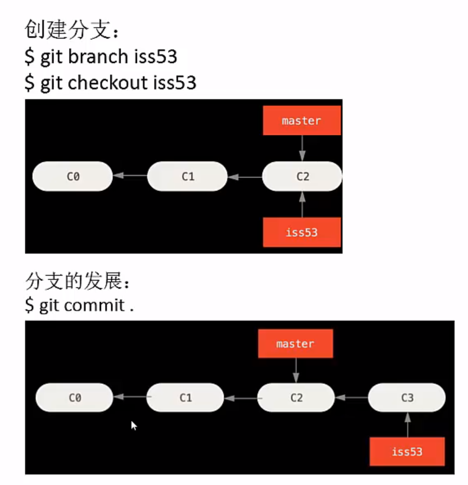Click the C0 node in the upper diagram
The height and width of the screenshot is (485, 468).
pos(73,176)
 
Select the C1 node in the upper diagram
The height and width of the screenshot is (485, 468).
pos(187,176)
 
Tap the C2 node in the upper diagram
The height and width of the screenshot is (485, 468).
pos(302,176)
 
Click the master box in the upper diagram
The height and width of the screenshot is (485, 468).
pos(302,120)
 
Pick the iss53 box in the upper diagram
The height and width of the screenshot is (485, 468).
pos(302,232)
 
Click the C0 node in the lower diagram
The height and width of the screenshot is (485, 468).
pos(75,397)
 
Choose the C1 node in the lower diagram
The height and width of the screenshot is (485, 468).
pos(185,397)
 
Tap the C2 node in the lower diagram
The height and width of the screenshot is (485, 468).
pos(296,397)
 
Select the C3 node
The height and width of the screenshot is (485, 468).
pos(407,397)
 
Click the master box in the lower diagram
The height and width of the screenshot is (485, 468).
pos(295,344)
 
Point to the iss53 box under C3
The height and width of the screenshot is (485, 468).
pos(407,451)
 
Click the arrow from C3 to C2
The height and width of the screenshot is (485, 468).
pos(351,398)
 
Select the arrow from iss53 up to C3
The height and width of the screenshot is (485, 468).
pos(407,425)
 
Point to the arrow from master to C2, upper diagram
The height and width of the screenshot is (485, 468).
pos(302,148)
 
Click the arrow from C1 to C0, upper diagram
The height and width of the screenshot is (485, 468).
pos(130,176)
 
